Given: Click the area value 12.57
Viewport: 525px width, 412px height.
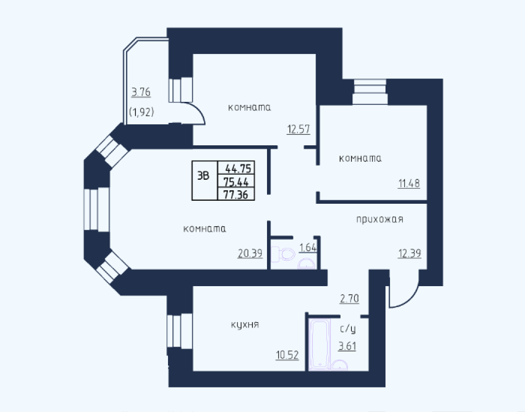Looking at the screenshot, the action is pos(298,129).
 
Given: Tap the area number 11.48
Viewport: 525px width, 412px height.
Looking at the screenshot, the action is pos(409,183).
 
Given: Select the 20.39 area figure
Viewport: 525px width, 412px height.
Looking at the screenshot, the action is pos(250,254).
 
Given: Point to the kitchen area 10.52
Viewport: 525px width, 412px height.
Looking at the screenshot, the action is pos(287,355).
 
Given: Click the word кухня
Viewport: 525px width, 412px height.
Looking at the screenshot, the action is pos(245,325).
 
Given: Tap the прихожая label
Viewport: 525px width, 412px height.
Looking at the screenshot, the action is pos(379,219).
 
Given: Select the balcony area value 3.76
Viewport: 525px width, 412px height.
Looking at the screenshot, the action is pos(141,92).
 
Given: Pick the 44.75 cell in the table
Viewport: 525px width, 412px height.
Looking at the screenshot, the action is pos(236,168).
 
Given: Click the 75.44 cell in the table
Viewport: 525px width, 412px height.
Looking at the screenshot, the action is pos(236,182).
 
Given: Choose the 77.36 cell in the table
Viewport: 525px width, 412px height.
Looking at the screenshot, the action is pos(236,194).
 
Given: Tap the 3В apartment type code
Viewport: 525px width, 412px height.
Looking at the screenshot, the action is pos(203,175).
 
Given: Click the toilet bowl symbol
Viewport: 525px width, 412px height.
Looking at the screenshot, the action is pos(283,254).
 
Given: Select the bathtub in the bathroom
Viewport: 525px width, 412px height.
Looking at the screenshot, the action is pos(320,345).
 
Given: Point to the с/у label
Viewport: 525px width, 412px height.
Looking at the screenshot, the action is pos(348,329).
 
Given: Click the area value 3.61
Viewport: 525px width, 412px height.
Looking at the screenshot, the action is pos(347,346).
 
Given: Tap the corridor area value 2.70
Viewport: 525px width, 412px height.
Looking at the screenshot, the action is pos(349,298).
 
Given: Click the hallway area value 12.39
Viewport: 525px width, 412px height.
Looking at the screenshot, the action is pos(409,254).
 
